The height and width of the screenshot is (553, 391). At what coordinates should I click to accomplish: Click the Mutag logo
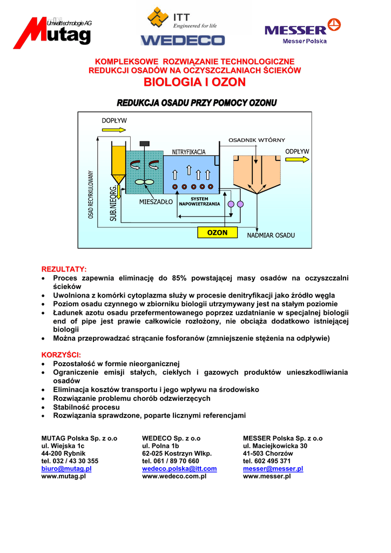pos(52,33)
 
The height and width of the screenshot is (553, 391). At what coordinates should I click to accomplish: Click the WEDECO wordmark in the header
pos(183,40)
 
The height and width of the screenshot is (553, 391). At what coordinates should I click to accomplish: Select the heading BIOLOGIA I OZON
pos(194,82)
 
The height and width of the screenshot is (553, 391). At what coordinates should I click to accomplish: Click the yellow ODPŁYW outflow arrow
pos(298,159)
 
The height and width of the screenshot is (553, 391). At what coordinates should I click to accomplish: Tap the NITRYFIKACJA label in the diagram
pos(188,152)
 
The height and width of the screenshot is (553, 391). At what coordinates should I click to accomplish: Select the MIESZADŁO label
pos(156,202)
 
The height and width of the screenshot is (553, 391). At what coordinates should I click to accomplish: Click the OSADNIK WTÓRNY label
pos(257,140)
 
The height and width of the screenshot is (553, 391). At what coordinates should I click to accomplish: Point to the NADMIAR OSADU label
pos(271,236)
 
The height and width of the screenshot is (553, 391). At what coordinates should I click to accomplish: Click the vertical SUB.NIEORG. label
pos(113,203)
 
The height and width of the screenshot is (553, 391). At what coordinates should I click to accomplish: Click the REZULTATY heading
pos(64,269)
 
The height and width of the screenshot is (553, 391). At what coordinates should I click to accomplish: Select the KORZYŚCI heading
pos(61,355)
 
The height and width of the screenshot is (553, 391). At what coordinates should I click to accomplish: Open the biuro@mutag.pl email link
pos(66,469)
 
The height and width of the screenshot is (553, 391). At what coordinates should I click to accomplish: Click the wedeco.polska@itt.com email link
pos(179,469)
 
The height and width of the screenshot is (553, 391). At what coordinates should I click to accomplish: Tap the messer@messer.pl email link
pos(273,469)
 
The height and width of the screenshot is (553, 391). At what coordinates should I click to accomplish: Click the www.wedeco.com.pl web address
pos(174,476)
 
